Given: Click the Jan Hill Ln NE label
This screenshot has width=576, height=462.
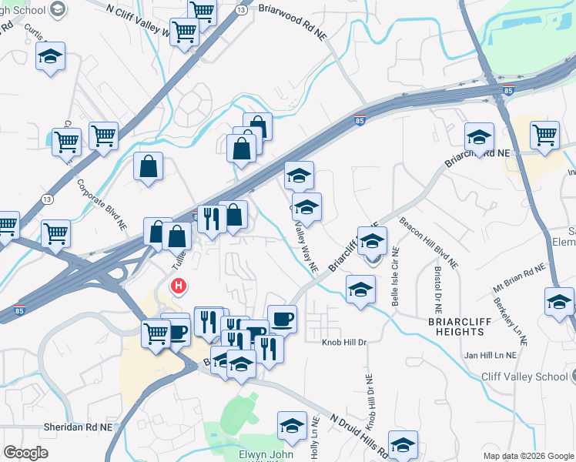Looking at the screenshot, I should [492, 356].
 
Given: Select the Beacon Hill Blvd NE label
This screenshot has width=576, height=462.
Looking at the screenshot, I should [428, 243].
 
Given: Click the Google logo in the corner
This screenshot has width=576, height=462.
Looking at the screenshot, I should [26, 453].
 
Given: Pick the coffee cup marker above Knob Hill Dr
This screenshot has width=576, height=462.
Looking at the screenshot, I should [282, 317].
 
